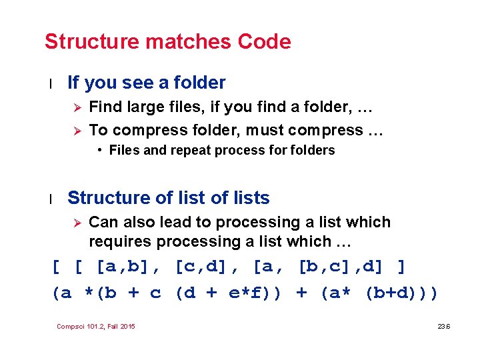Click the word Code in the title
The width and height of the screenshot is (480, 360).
click(x=265, y=42)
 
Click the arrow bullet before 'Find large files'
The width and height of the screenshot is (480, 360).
click(x=77, y=107)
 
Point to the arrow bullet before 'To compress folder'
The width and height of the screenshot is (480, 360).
click(x=77, y=130)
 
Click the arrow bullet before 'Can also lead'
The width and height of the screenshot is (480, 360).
click(x=77, y=223)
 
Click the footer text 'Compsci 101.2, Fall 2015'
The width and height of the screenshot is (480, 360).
click(x=96, y=326)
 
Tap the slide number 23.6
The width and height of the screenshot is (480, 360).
click(x=443, y=326)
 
